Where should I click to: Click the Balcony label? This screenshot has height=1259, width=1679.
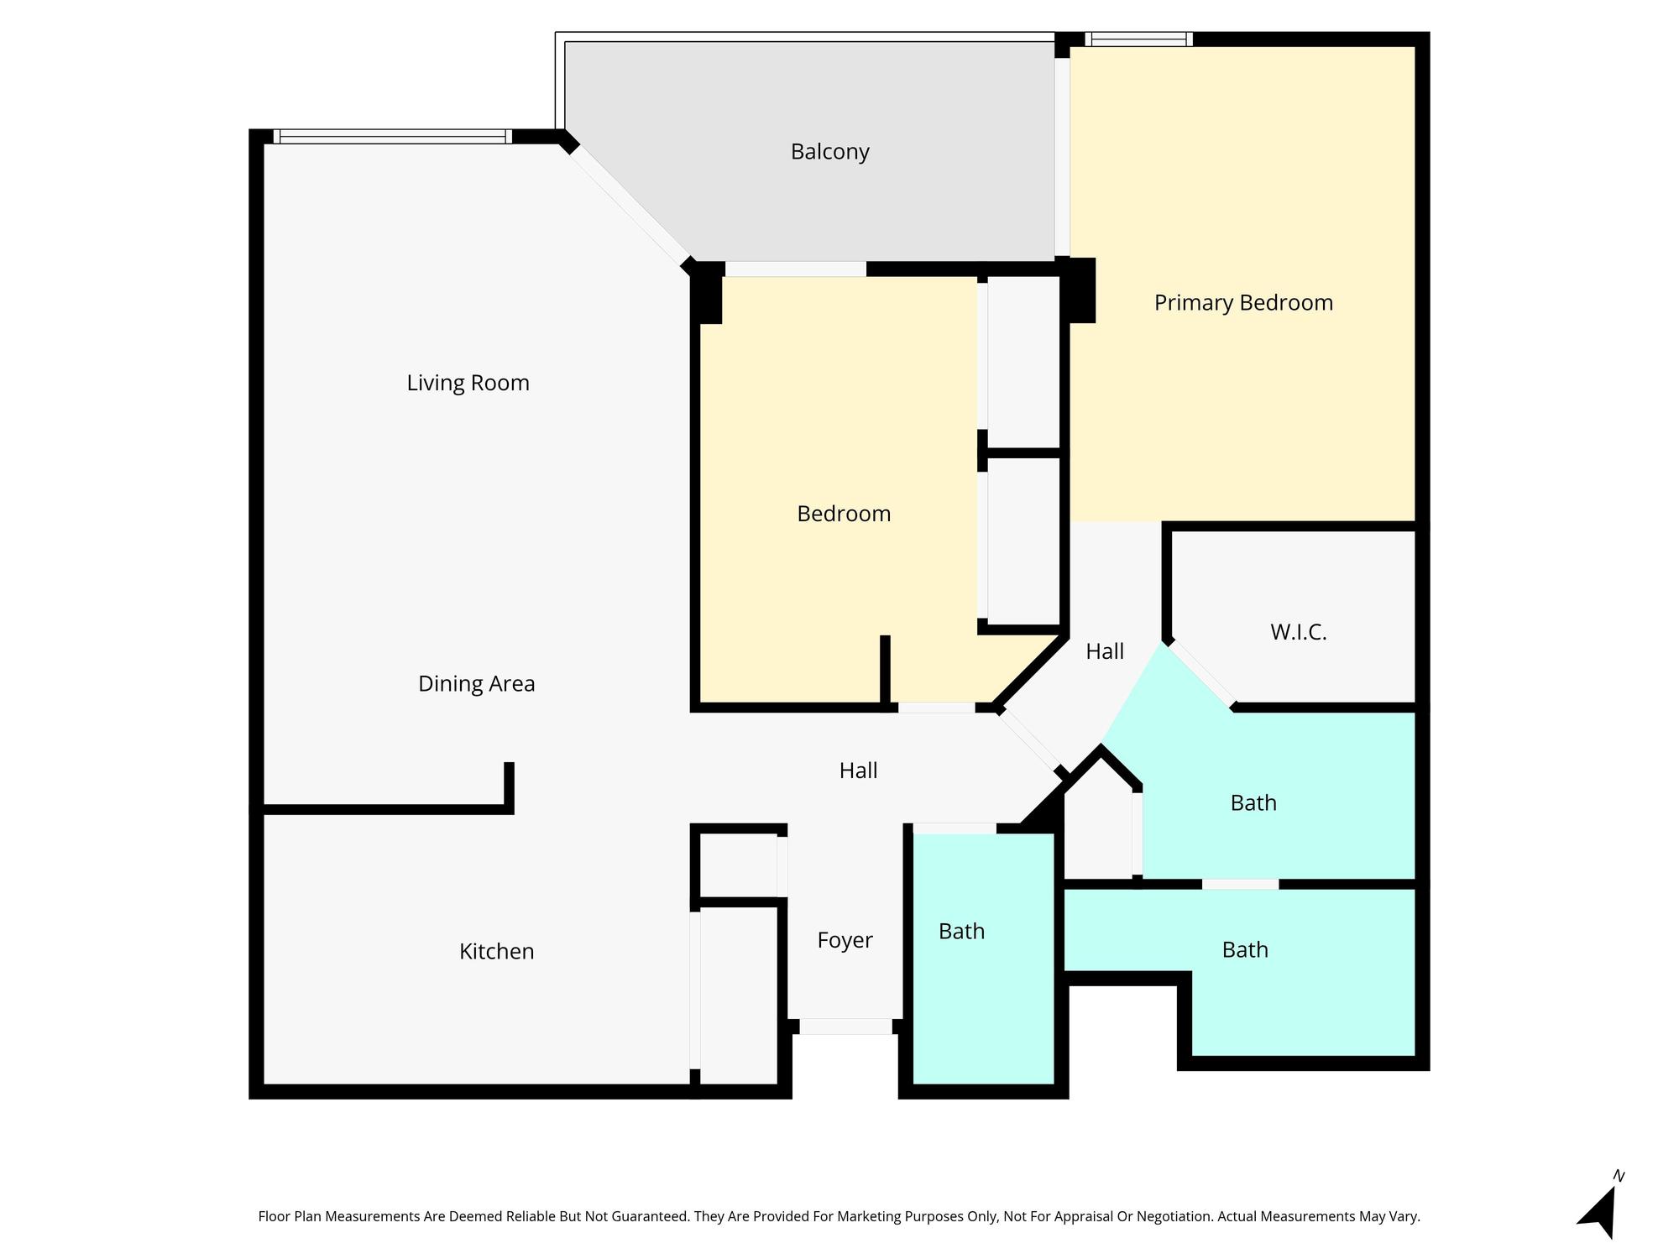[829, 152]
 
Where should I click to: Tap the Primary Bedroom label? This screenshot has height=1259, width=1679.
[1243, 303]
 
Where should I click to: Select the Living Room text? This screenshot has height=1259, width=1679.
[468, 383]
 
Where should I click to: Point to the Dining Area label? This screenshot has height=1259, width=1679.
[476, 684]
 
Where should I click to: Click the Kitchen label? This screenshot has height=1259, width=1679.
[496, 952]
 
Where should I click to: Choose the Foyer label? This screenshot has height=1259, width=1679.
[845, 941]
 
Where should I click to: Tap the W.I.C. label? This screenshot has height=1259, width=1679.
[1298, 633]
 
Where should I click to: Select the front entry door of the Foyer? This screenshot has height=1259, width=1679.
[845, 1026]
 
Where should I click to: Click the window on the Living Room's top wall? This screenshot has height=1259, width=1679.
[392, 136]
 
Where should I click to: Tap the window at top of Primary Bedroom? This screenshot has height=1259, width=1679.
[1138, 39]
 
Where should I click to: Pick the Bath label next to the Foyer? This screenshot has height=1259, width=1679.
[961, 932]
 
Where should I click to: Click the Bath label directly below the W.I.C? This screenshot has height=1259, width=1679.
[1253, 803]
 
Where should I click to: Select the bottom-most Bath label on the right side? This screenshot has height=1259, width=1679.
[1244, 950]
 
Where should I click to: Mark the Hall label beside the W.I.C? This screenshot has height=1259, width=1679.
[1104, 652]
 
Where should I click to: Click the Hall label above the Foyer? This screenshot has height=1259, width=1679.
[858, 771]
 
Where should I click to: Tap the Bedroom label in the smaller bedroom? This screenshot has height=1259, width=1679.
[843, 514]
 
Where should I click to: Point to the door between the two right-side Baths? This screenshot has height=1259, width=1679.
[1240, 885]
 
